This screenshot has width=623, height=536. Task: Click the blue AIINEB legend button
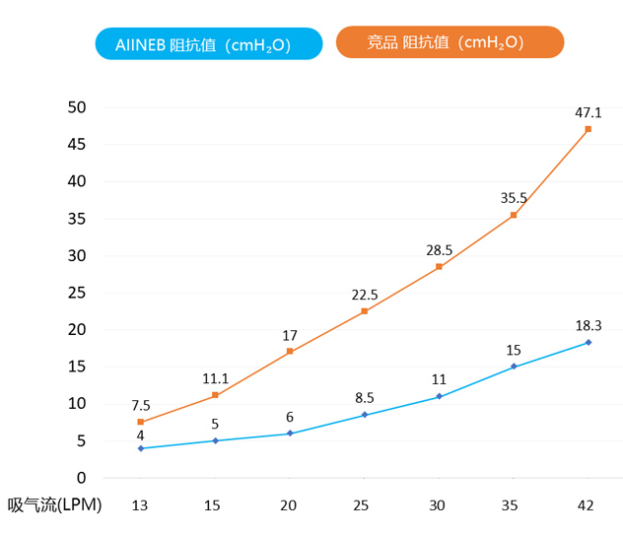point(209,43)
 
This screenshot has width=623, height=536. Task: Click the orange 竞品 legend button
point(450,42)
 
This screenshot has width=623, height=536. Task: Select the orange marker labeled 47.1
point(588,129)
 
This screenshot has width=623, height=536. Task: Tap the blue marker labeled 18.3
point(588,342)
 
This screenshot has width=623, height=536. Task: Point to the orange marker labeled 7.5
point(141,422)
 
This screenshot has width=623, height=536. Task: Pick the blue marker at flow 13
point(141,448)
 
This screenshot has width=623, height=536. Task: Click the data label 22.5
point(365,295)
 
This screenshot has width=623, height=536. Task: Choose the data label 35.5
point(514,198)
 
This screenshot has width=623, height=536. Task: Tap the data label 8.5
point(365,398)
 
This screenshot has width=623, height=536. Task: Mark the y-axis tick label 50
point(77,107)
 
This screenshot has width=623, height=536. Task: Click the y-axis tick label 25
point(77,293)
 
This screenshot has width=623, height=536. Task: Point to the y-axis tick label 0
point(82,478)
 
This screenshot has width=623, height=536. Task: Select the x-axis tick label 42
point(586,505)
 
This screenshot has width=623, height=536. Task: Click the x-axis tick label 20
point(289,505)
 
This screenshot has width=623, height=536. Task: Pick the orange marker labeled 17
point(290,351)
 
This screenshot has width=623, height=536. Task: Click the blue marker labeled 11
point(440,396)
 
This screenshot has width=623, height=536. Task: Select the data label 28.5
point(439,250)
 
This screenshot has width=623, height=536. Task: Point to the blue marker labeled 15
point(514,367)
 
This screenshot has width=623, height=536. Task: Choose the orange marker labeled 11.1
point(216,395)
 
